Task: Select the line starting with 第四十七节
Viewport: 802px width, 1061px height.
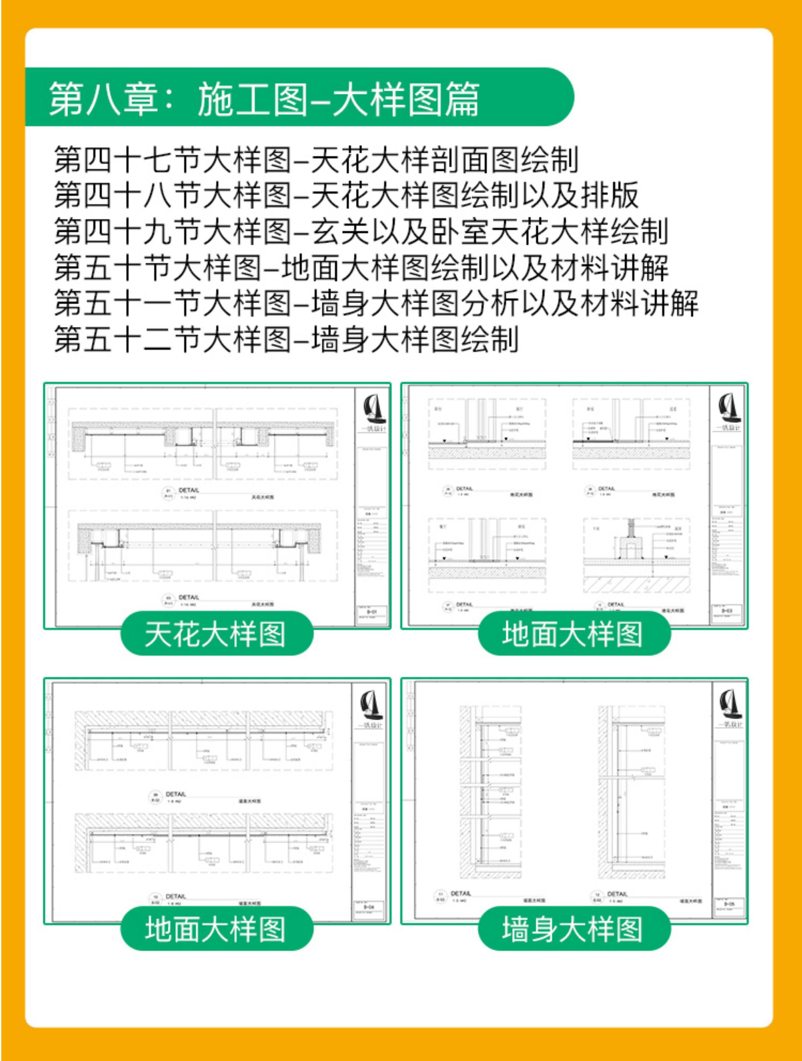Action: [316, 160]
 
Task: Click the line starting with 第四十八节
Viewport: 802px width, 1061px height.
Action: [345, 195]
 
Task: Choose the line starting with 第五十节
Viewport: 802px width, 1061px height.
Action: [361, 267]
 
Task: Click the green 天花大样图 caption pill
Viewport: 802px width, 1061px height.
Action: [216, 634]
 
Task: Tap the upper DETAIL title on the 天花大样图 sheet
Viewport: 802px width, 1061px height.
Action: [189, 490]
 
